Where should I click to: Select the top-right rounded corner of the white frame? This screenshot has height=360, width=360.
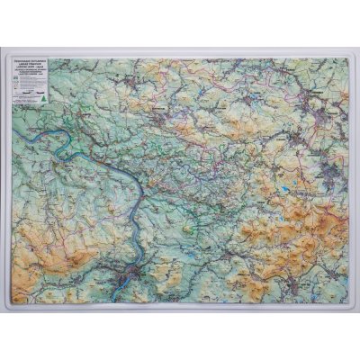pyautogui.click(x=352, y=55)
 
